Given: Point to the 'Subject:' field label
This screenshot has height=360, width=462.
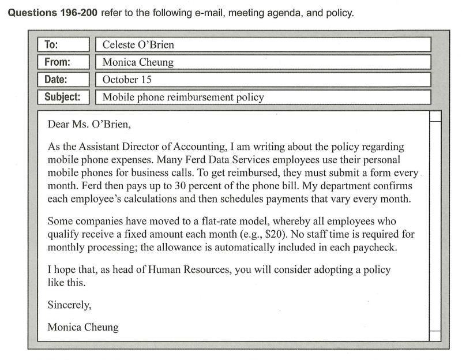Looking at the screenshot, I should click(63, 97).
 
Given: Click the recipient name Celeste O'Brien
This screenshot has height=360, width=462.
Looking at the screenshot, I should click(138, 45).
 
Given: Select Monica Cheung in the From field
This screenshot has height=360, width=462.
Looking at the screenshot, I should click(138, 62).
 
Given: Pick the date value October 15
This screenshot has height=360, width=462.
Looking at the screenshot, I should click(127, 80).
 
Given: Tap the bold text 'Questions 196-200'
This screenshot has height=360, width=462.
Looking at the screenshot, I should click(52, 13).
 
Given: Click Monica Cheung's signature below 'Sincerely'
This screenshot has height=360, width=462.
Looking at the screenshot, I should click(83, 327).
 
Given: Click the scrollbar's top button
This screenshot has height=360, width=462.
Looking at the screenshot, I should click(435, 116).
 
